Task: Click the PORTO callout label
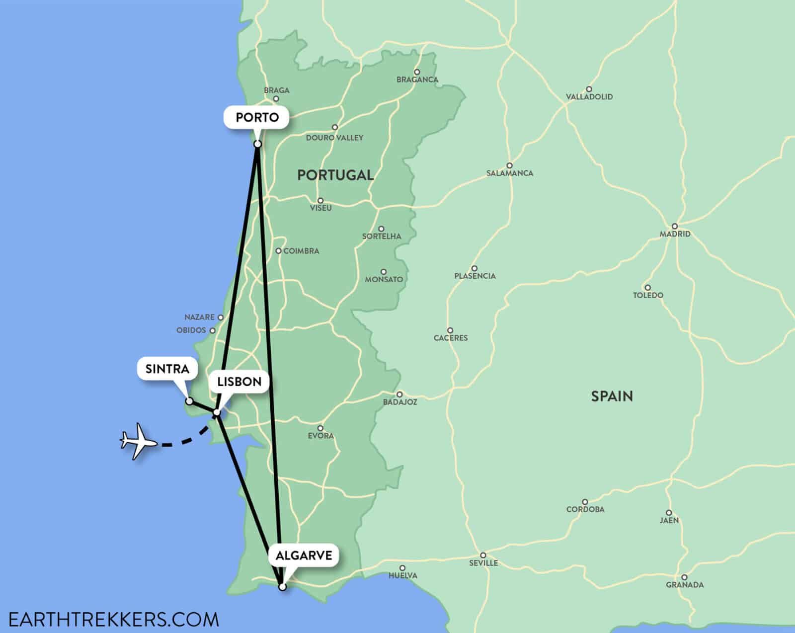click(x=257, y=118)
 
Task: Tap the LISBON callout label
click(x=238, y=382)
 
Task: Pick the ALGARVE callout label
click(x=304, y=555)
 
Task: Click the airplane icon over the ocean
click(x=138, y=441)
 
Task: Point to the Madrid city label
click(x=675, y=234)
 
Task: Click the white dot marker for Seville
click(x=482, y=555)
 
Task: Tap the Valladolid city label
click(x=589, y=97)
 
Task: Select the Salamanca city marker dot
click(x=509, y=165)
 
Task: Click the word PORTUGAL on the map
click(x=335, y=175)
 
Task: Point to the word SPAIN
click(x=612, y=396)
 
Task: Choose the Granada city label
click(x=685, y=585)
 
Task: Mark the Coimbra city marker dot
click(x=279, y=251)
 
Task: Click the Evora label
click(x=320, y=436)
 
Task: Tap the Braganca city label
click(x=417, y=79)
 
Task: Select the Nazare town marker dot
click(x=221, y=317)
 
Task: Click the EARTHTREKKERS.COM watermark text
click(x=113, y=619)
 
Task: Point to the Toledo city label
click(x=648, y=295)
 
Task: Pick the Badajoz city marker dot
click(x=399, y=395)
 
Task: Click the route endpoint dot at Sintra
click(x=189, y=401)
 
